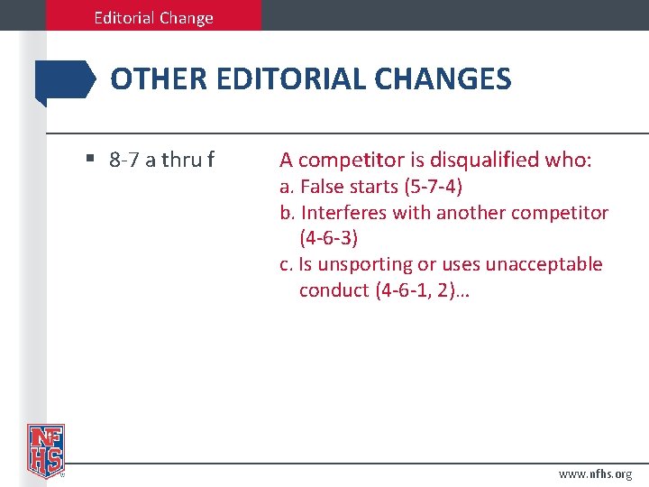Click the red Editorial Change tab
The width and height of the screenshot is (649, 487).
(x=153, y=17)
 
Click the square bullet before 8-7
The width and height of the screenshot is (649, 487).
(x=91, y=160)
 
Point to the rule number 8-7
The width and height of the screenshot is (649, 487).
(x=124, y=161)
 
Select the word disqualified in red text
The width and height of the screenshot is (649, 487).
(x=486, y=161)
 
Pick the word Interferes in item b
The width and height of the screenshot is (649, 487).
(x=343, y=213)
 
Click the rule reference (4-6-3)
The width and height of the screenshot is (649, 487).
(x=329, y=238)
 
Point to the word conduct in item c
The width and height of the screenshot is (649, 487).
(x=334, y=290)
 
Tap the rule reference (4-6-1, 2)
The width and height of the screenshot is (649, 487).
(x=427, y=290)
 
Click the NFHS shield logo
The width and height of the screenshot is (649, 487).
(x=45, y=450)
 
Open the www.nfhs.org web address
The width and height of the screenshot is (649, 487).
(x=596, y=473)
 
